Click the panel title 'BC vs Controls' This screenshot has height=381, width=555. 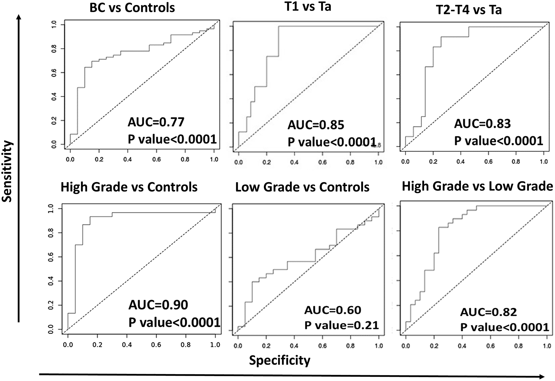(132, 8)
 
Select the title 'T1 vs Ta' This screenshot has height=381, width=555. (308, 7)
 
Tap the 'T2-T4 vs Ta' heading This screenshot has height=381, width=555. (469, 10)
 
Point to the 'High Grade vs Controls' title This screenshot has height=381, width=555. (129, 187)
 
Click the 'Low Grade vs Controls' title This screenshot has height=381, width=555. (302, 187)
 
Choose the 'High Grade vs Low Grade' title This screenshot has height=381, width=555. (477, 186)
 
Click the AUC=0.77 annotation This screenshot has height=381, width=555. (156, 122)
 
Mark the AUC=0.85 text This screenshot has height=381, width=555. (316, 125)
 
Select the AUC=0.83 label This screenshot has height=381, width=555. (482, 124)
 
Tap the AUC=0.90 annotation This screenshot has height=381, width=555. (158, 305)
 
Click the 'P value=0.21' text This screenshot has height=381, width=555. (341, 325)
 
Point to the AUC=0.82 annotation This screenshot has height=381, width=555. (488, 312)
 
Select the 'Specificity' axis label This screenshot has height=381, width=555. (279, 360)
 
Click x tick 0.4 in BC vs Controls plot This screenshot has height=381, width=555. (128, 159)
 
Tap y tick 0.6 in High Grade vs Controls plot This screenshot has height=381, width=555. (51, 257)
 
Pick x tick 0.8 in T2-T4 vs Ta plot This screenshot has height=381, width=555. (516, 161)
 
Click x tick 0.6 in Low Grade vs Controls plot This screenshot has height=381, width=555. (322, 346)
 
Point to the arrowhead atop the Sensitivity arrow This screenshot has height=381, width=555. (19, 17)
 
